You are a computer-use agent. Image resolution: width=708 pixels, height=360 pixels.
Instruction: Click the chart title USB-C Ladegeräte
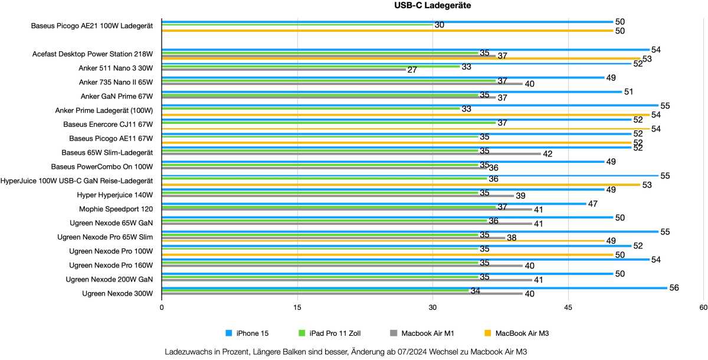tap(433, 6)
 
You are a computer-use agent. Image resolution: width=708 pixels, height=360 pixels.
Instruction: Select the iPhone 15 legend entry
tap(250, 333)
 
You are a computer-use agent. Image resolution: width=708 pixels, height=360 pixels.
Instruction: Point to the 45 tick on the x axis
tap(568, 307)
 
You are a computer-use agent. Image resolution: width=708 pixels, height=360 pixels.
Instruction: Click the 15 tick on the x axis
tap(297, 307)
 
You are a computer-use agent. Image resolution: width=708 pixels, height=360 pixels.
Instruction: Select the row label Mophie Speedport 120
tap(116, 209)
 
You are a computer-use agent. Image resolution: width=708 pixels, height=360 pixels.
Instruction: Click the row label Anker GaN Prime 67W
tap(116, 96)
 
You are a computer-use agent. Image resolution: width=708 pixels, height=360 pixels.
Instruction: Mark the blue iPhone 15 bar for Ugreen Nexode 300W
tap(413, 288)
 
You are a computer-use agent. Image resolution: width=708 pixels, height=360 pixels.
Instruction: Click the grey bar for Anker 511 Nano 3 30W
tap(283, 70)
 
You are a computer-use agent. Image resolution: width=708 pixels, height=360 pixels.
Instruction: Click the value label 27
tap(412, 70)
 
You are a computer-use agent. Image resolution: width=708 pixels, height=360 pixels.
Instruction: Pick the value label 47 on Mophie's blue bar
tap(593, 204)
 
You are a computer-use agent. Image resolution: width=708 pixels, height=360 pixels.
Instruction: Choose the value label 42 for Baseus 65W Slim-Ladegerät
tap(548, 154)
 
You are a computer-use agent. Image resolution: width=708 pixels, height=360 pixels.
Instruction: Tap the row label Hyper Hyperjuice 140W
tap(114, 195)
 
